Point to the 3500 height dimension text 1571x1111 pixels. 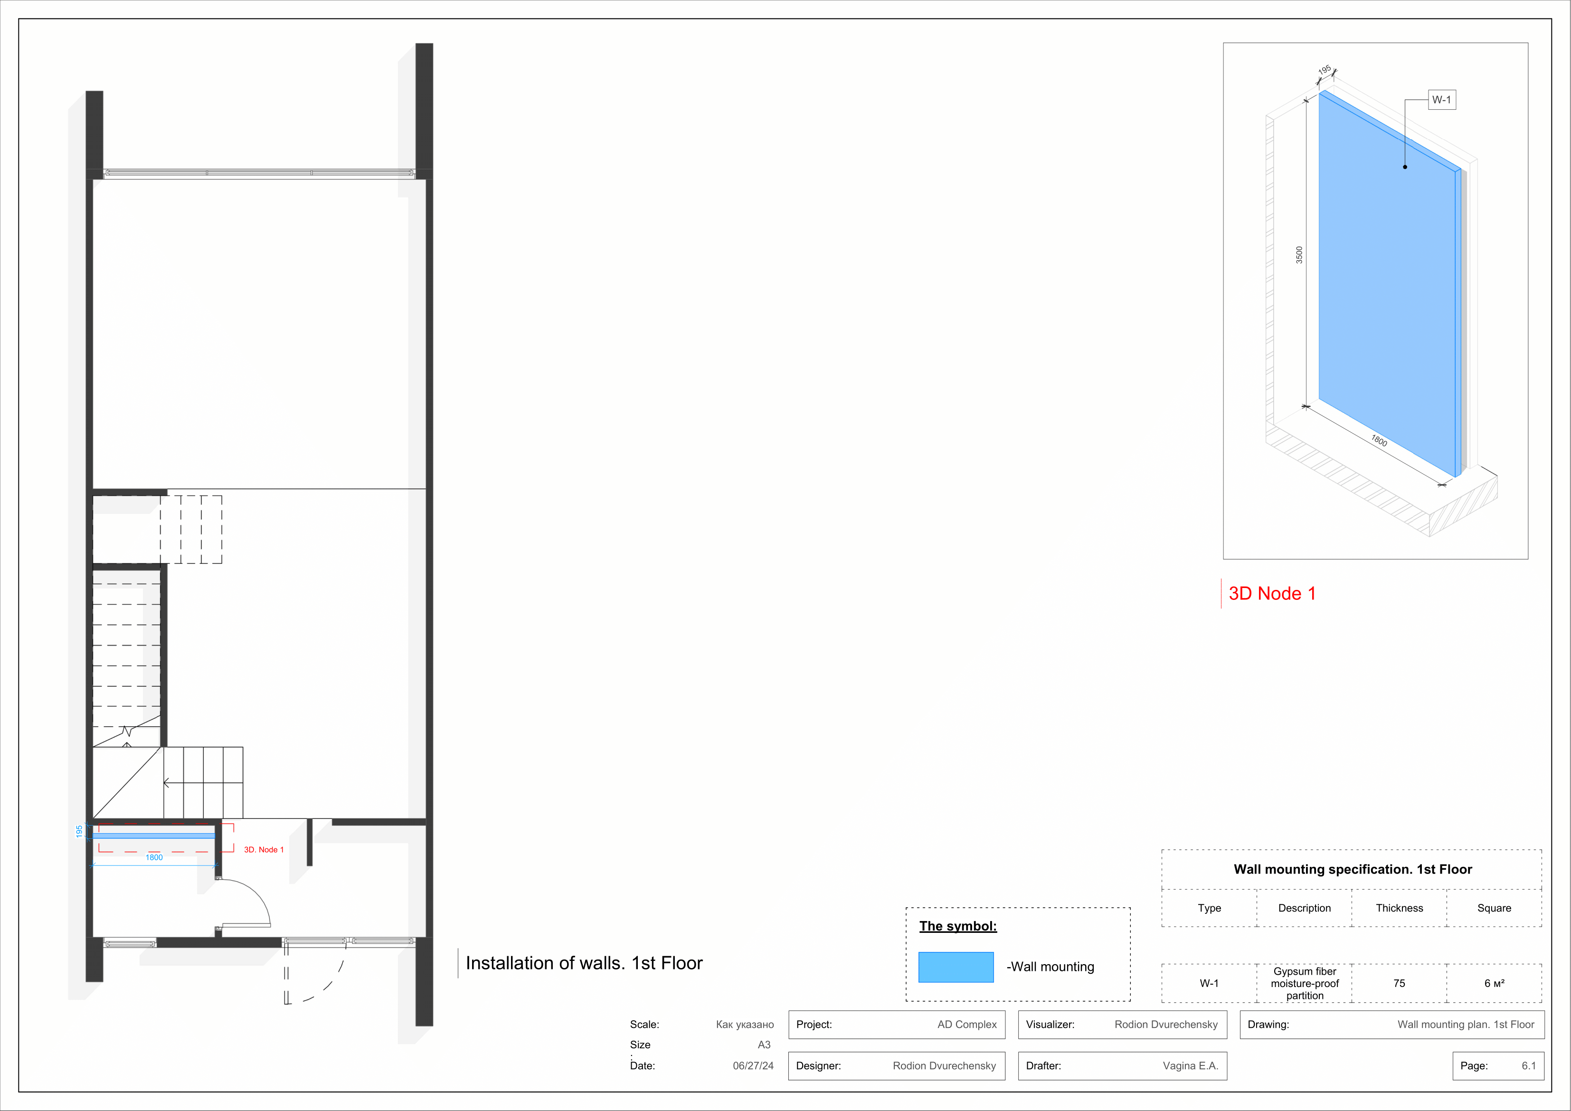pos(1299,255)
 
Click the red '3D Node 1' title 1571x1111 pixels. pos(1271,593)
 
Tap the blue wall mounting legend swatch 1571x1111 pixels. pos(955,967)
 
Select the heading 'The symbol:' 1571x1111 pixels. pos(957,926)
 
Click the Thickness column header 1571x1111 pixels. pos(1399,908)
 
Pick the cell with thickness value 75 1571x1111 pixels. pos(1399,983)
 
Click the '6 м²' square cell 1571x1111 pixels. pos(1494,983)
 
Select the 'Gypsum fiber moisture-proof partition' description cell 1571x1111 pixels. pos(1304,983)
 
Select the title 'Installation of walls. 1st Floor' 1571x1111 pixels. pos(584,963)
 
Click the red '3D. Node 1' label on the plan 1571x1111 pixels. pos(264,849)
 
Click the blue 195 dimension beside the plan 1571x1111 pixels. pos(79,831)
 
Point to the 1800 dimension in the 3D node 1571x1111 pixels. pos(1379,441)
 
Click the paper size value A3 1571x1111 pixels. pos(764,1045)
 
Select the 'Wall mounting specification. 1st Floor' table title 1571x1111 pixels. pos(1352,869)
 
